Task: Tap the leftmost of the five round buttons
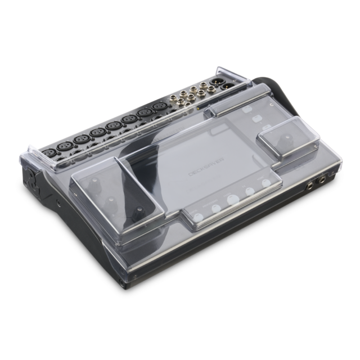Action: click(x=196, y=213)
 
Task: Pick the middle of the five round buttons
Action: click(x=231, y=199)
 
